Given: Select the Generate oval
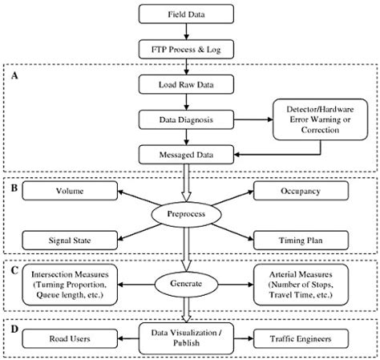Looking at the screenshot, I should [x=186, y=283].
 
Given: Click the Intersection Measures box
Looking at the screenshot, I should [x=67, y=283].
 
